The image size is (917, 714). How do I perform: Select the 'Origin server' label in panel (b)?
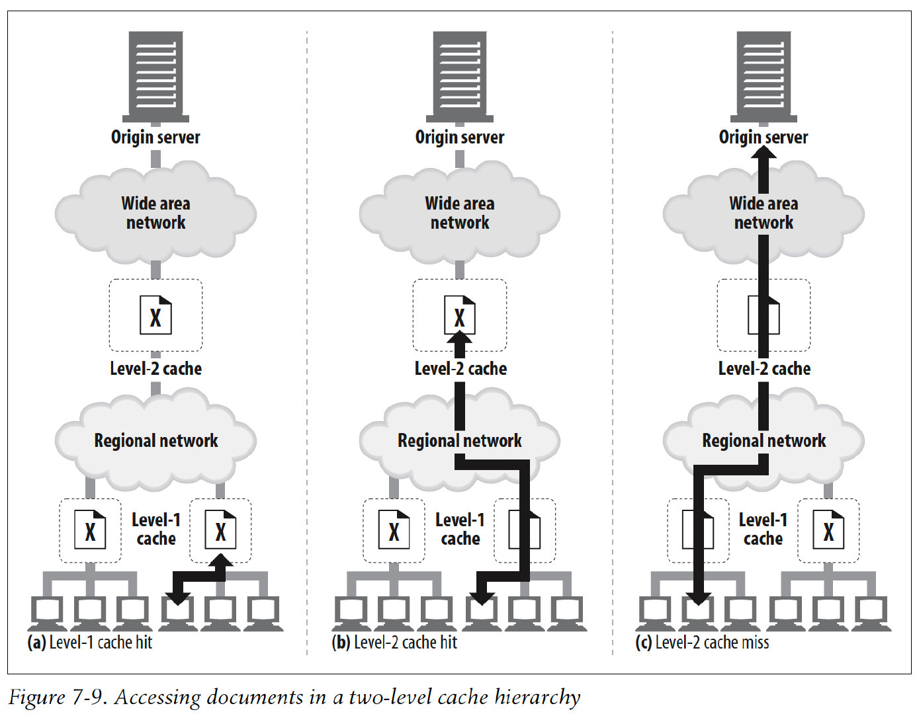pyautogui.click(x=460, y=138)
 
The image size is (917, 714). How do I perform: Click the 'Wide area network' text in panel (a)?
pyautogui.click(x=156, y=213)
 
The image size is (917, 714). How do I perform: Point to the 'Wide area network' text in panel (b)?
pyautogui.click(x=460, y=213)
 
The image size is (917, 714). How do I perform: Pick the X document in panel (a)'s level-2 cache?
pyautogui.click(x=155, y=315)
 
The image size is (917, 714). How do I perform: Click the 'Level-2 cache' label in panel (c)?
pyautogui.click(x=764, y=369)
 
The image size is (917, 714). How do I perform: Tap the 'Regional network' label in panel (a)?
pyautogui.click(x=156, y=441)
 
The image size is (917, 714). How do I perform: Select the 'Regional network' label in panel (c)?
pyautogui.click(x=764, y=441)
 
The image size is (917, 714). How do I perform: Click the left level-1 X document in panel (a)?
pyautogui.click(x=90, y=530)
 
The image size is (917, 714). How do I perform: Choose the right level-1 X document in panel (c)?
pyautogui.click(x=828, y=530)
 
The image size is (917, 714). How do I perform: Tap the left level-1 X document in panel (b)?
pyautogui.click(x=394, y=530)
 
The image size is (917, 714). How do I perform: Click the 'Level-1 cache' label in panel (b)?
pyautogui.click(x=460, y=530)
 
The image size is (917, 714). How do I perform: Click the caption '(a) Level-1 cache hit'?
pyautogui.click(x=90, y=643)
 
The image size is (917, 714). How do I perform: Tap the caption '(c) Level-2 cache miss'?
pyautogui.click(x=702, y=643)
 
